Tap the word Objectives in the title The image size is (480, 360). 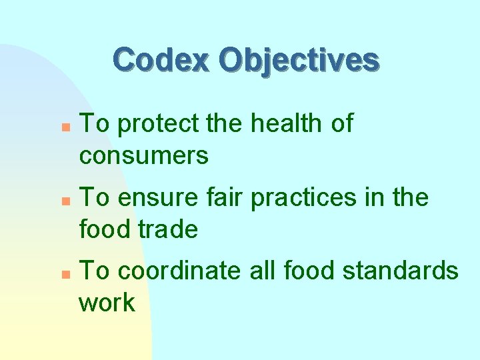click(299, 60)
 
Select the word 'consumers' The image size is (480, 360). click(143, 157)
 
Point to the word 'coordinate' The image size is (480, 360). click(179, 271)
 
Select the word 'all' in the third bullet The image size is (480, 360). click(264, 271)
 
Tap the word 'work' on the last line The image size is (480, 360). click(107, 303)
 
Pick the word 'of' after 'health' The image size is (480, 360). click(342, 123)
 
